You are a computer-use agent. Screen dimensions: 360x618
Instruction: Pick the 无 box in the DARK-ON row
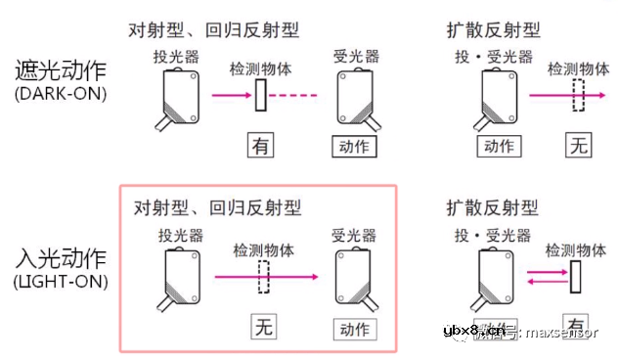580,147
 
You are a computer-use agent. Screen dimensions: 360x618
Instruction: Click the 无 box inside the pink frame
262,327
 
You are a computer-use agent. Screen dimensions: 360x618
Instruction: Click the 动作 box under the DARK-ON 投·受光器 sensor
499,147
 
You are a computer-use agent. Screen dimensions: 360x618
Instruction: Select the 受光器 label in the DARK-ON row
354,58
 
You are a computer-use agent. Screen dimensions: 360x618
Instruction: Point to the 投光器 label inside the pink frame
180,236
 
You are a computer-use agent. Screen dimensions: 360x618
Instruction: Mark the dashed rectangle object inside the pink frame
263,277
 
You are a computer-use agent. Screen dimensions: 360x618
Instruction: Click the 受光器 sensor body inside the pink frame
353,277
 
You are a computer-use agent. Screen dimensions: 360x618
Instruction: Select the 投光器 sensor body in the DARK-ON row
179,99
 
